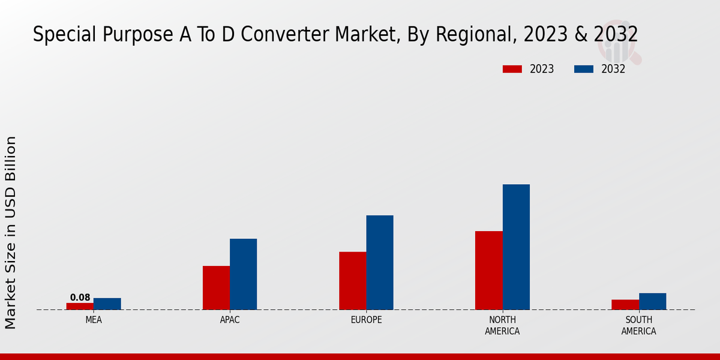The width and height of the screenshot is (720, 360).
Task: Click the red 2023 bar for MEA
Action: tap(80, 306)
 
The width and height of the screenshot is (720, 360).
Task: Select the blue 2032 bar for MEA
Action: tap(107, 304)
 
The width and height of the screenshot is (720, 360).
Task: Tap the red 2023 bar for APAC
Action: tap(216, 287)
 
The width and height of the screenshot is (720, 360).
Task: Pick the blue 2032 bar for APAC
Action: tap(244, 274)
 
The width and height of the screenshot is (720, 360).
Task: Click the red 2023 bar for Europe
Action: tap(353, 280)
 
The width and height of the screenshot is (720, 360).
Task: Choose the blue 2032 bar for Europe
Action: tap(380, 262)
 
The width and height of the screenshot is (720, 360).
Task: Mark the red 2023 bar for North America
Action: tap(489, 270)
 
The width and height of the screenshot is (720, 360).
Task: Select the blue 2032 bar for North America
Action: tap(516, 247)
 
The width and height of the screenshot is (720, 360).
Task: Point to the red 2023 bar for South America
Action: tap(625, 304)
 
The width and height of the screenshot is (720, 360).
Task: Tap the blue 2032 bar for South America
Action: tap(653, 301)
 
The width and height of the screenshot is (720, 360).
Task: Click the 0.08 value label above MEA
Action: tap(80, 298)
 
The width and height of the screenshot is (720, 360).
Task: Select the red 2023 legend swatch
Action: tap(512, 69)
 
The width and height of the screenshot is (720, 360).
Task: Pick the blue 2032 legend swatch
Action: tap(584, 69)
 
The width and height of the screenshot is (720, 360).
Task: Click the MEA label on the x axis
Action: tap(94, 320)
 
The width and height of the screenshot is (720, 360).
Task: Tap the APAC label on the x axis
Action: tap(230, 320)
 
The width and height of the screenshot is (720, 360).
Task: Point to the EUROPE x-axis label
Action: tap(366, 320)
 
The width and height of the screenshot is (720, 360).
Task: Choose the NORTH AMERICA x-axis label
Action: tap(503, 325)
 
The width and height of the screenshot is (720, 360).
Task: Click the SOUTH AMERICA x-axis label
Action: tap(639, 325)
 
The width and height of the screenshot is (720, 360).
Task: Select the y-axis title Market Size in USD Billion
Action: tap(11, 232)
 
